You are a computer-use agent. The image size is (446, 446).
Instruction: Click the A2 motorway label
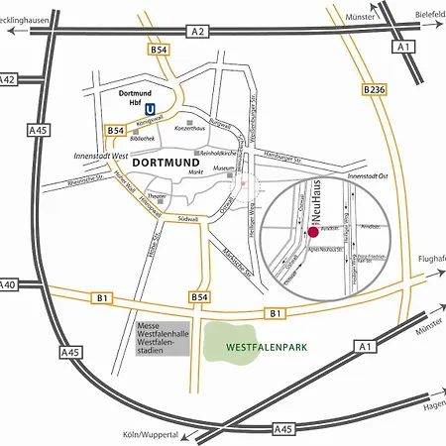tap(199, 33)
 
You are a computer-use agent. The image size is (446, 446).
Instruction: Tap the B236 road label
tap(374, 90)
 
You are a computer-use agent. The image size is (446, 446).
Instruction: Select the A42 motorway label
tap(7, 79)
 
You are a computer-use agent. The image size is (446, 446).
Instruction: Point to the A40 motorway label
tap(7, 284)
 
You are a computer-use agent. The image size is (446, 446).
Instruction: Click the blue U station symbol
tap(151, 109)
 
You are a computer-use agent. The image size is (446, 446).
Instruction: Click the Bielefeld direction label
tap(425, 17)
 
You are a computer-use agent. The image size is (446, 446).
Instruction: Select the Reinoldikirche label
tap(223, 155)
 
